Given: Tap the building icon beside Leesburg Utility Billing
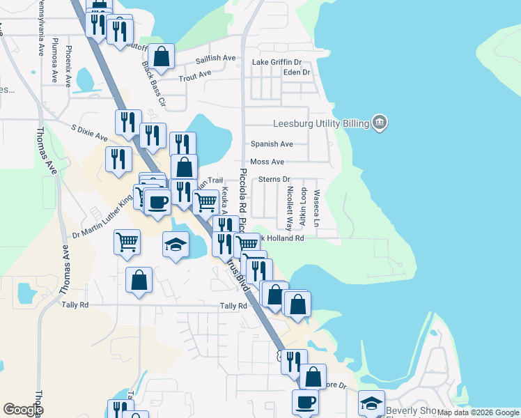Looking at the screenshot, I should pos(380,123).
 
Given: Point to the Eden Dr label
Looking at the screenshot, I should pos(296,72).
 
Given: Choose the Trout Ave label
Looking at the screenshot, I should pos(194,75).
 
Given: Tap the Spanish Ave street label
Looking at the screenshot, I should pos(272,144).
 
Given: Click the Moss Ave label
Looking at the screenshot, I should pos(267,162).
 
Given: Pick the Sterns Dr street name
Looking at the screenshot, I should pos(274,180).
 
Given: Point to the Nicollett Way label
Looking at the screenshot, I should pos(289,207).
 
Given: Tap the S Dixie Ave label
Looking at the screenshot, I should pos(89,131).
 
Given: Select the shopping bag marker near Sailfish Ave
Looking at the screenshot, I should pos(162,58).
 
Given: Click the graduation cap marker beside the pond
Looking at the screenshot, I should pos(176,245).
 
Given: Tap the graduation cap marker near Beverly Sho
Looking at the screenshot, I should pos(371,403).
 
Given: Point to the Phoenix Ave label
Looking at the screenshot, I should pos(68,65).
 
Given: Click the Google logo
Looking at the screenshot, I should pos(23,410).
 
